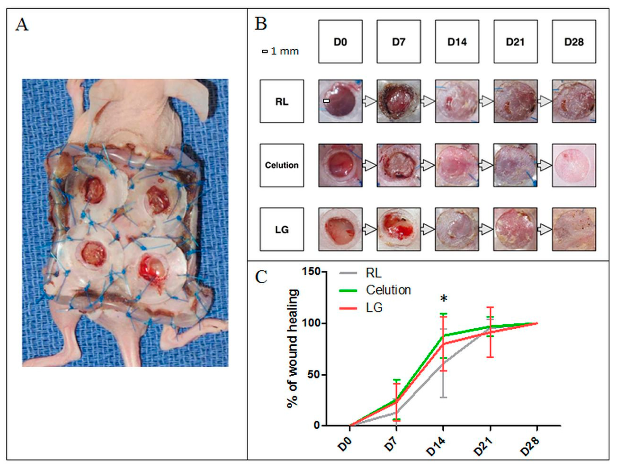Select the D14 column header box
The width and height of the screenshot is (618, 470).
(x=457, y=42)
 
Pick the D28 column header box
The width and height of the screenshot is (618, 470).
(x=574, y=42)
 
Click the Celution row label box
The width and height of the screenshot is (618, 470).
(x=282, y=165)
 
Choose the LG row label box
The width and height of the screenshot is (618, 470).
(x=282, y=229)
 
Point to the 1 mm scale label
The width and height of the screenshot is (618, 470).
(x=281, y=51)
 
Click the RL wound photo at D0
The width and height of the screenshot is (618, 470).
(x=340, y=101)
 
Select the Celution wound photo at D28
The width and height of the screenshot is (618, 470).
(x=574, y=165)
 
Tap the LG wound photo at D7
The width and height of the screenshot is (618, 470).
(x=398, y=229)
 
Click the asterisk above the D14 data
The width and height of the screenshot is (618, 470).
(x=444, y=299)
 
